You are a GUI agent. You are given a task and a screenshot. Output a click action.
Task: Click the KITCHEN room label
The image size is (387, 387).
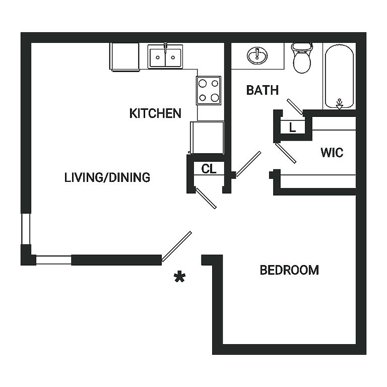point(155,113)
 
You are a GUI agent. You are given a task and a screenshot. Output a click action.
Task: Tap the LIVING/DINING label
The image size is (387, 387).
point(107,177)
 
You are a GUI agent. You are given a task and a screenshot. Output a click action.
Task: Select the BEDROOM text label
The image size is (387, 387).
point(289,270)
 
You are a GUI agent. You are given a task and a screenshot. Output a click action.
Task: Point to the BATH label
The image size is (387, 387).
point(263,90)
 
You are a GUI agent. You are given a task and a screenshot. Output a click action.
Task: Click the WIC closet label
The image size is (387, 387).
point(332,153)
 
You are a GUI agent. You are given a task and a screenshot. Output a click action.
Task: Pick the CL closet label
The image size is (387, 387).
point(209,169)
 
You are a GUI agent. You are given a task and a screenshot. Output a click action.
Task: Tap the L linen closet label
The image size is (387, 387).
point(292,128)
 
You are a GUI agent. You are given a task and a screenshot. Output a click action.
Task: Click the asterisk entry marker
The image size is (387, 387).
point(179,277)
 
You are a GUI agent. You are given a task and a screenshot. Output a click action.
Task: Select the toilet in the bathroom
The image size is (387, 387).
point(302,58)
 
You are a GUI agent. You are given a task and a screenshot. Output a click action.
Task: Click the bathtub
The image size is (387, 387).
point(339,76)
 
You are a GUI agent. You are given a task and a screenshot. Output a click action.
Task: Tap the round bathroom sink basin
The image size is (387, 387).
point(257,56)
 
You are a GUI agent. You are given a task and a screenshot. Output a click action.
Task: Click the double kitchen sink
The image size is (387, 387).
point(165,56)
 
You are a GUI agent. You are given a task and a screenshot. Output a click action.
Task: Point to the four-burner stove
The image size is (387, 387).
point(209,90)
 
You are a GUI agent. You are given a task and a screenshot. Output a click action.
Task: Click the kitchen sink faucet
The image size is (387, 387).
point(165,47)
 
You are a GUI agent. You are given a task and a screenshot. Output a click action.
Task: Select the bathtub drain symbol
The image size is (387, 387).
point(340,104)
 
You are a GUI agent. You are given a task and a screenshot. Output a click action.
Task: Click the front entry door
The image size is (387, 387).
point(176,246)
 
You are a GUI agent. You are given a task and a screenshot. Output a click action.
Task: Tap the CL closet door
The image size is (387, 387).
point(206,198)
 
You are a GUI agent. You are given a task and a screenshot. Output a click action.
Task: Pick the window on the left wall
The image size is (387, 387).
point(26,229)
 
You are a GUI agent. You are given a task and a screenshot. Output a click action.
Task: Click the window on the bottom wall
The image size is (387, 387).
point(54,260)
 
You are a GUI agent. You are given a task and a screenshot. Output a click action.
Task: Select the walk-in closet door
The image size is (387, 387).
point(286,153)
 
